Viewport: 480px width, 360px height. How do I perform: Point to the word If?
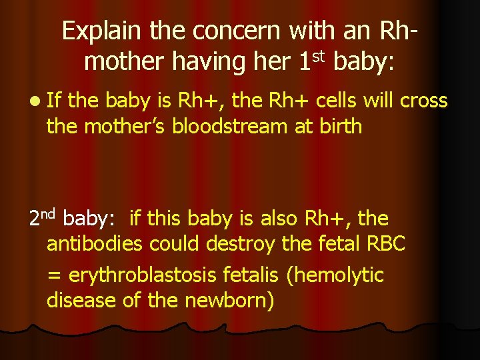[54, 100]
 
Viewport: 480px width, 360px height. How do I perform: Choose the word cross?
[423, 100]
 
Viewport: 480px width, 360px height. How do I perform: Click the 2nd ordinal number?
[42, 217]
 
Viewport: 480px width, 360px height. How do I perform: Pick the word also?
[276, 218]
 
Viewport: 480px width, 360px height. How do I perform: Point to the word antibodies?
[94, 243]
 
